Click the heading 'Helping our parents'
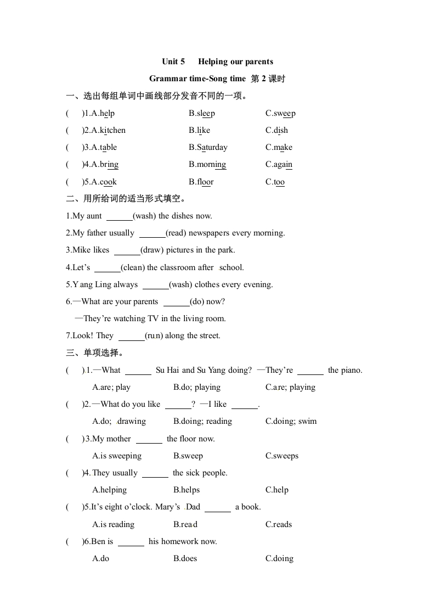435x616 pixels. [235, 61]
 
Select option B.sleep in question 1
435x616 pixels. [202, 114]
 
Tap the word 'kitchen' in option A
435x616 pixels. [112, 131]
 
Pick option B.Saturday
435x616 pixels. [208, 148]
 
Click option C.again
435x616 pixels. [279, 165]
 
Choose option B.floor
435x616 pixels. [201, 182]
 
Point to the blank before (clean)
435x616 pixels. [108, 268]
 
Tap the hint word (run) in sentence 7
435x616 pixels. [154, 336]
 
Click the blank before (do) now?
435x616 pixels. [177, 302]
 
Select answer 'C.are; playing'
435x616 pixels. [290, 388]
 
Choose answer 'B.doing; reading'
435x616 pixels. [202, 422]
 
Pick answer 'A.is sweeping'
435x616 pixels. [117, 456]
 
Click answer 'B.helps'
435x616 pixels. [187, 490]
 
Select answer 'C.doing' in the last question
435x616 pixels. [279, 559]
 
